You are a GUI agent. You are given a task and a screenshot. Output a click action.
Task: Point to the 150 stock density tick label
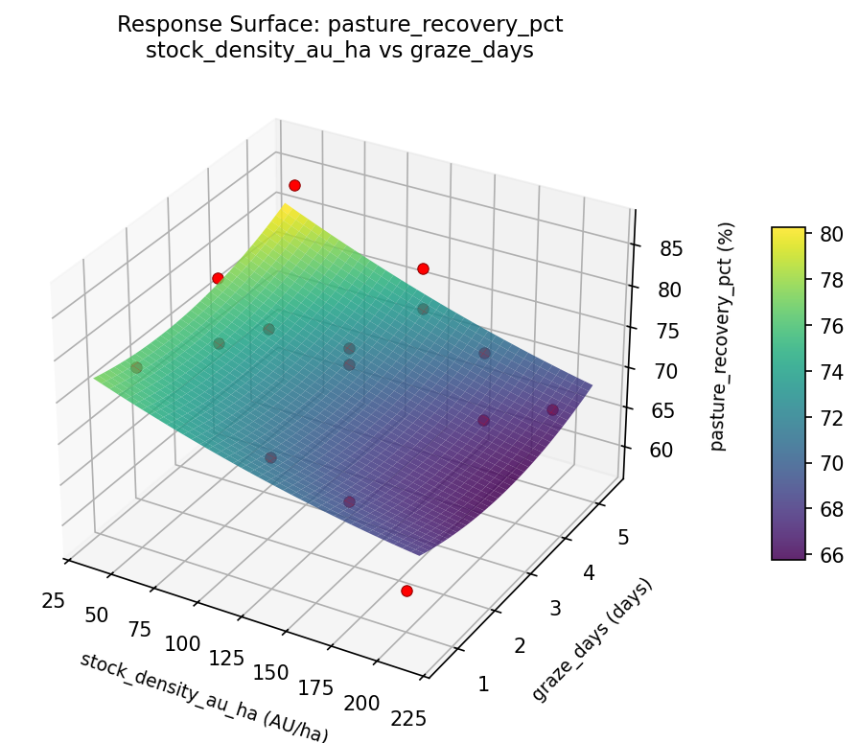click(x=270, y=673)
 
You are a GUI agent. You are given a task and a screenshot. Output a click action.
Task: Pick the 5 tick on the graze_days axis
click(x=622, y=538)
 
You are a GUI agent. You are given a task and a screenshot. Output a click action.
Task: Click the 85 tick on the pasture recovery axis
click(x=672, y=249)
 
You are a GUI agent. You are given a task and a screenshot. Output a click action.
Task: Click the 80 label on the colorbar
click(x=832, y=233)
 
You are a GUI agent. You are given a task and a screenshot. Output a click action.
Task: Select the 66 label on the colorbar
click(x=832, y=554)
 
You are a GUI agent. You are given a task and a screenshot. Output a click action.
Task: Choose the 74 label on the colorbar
click(x=832, y=371)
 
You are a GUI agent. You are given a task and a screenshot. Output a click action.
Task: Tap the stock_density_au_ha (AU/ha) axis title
click(x=203, y=697)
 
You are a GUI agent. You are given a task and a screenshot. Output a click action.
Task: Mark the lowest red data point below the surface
click(x=406, y=592)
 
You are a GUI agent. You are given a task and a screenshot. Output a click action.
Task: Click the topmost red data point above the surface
click(x=294, y=185)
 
